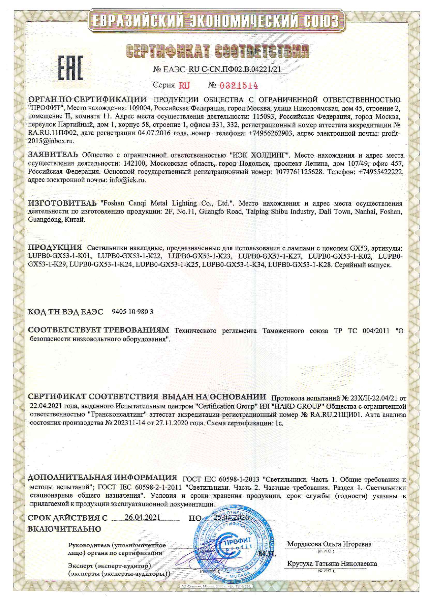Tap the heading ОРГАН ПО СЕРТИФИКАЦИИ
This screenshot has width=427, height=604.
(x=87, y=100)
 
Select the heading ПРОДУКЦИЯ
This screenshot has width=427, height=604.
(x=55, y=248)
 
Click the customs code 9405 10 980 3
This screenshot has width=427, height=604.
(x=133, y=312)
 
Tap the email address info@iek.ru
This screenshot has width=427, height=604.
(x=128, y=180)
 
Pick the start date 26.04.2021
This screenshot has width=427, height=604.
(x=142, y=518)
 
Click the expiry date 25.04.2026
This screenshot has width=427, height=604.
(x=231, y=518)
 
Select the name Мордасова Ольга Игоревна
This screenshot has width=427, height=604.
(x=329, y=544)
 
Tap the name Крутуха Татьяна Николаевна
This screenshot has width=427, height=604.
(x=332, y=564)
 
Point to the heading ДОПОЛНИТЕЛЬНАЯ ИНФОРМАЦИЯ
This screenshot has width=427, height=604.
(x=102, y=477)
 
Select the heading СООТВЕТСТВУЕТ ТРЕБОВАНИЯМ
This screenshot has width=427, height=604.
(x=98, y=330)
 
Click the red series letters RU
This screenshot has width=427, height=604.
(x=184, y=85)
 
